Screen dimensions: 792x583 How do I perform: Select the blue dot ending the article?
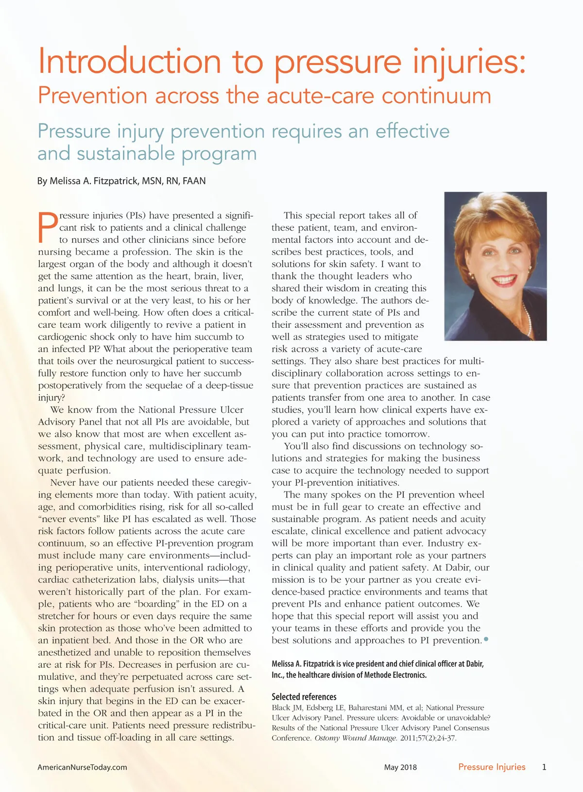486,640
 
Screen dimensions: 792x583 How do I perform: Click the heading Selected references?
304,697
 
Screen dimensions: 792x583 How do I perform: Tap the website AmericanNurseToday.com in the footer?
82,767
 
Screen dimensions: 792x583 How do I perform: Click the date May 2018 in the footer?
400,767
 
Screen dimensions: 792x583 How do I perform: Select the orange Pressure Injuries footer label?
492,767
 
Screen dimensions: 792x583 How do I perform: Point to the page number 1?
544,767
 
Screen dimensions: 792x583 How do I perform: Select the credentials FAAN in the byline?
194,181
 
